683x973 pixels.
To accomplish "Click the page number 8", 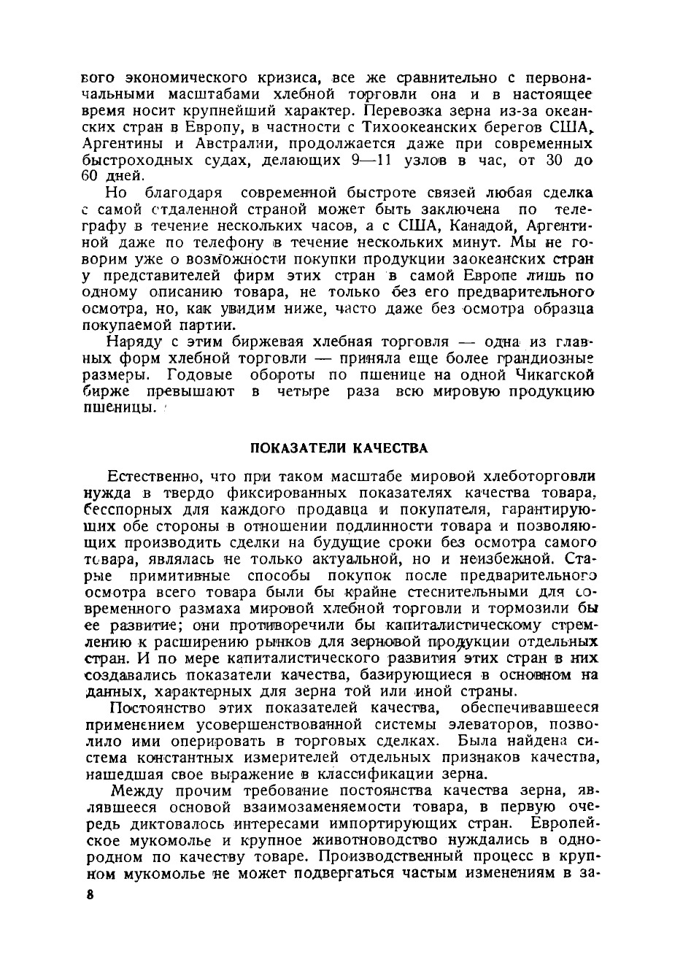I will tap(90, 896).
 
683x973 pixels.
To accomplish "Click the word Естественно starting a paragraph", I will tap(155, 477).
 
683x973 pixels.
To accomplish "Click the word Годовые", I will tap(199, 374).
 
